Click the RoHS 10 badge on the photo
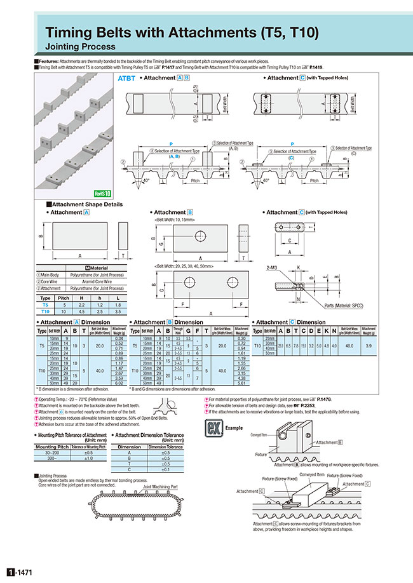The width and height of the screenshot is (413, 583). [102, 193]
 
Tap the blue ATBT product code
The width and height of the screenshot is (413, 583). [127, 79]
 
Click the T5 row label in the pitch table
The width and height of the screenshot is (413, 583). [45, 305]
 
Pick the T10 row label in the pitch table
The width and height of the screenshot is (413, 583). [45, 311]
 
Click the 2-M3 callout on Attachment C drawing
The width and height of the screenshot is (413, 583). [274, 269]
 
